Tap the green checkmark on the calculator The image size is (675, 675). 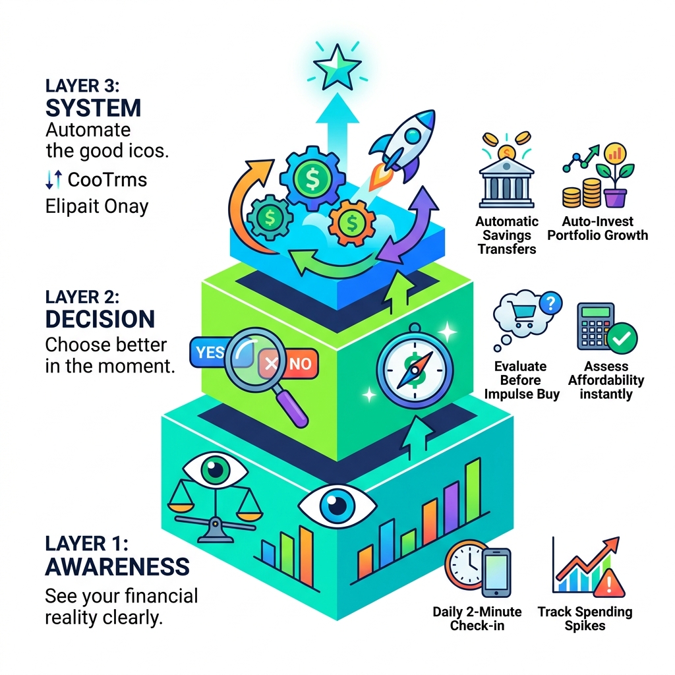click(620, 339)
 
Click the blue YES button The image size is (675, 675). click(210, 352)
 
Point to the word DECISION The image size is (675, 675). click(100, 319)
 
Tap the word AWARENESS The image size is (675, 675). click(117, 566)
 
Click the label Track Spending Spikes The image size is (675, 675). click(585, 618)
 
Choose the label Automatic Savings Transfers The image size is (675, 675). click(507, 235)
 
